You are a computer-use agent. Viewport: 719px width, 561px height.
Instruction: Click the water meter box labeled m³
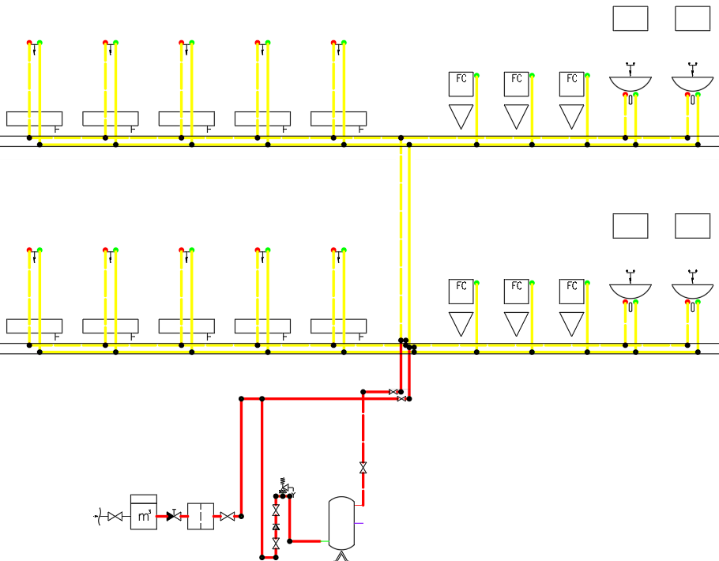click(144, 512)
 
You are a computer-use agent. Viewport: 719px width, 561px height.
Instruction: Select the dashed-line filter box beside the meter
click(201, 517)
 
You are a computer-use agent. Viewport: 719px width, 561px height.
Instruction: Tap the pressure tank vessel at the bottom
click(341, 523)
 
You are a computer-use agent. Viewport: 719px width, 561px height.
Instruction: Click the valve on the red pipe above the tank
click(363, 468)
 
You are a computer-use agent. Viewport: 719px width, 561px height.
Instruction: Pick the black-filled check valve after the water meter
click(174, 516)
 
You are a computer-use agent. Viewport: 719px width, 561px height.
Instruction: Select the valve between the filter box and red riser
click(228, 517)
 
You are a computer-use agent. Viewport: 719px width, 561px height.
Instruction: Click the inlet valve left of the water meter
click(115, 517)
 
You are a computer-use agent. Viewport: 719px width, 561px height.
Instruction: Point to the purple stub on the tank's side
click(359, 523)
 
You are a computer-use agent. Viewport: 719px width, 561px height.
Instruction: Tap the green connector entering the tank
click(324, 541)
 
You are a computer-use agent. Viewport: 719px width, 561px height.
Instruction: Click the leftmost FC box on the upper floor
click(461, 84)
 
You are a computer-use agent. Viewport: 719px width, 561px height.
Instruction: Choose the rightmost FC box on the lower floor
click(572, 292)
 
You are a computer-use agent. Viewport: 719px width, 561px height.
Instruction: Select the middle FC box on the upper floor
click(516, 84)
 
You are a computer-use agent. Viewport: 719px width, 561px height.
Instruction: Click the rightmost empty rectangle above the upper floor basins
click(692, 18)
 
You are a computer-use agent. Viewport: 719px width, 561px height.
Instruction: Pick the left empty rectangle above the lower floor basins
click(631, 226)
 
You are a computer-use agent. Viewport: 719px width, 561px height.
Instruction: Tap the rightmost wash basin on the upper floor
click(692, 83)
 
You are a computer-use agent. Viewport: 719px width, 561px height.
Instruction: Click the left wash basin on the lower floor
click(631, 290)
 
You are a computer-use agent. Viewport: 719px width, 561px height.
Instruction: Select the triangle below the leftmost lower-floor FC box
click(461, 324)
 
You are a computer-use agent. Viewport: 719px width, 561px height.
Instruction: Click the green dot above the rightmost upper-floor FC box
click(587, 75)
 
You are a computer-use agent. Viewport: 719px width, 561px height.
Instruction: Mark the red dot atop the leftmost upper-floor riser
click(29, 43)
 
